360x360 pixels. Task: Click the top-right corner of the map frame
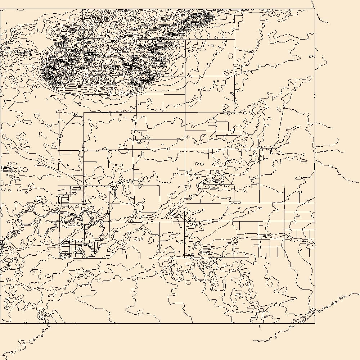click(x=315, y=9)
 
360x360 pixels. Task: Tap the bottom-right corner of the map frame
click(x=315, y=323)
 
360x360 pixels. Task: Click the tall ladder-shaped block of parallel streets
click(x=64, y=200)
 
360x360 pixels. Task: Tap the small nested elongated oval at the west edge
click(x=6, y=168)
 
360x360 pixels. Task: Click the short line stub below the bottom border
click(x=259, y=326)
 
